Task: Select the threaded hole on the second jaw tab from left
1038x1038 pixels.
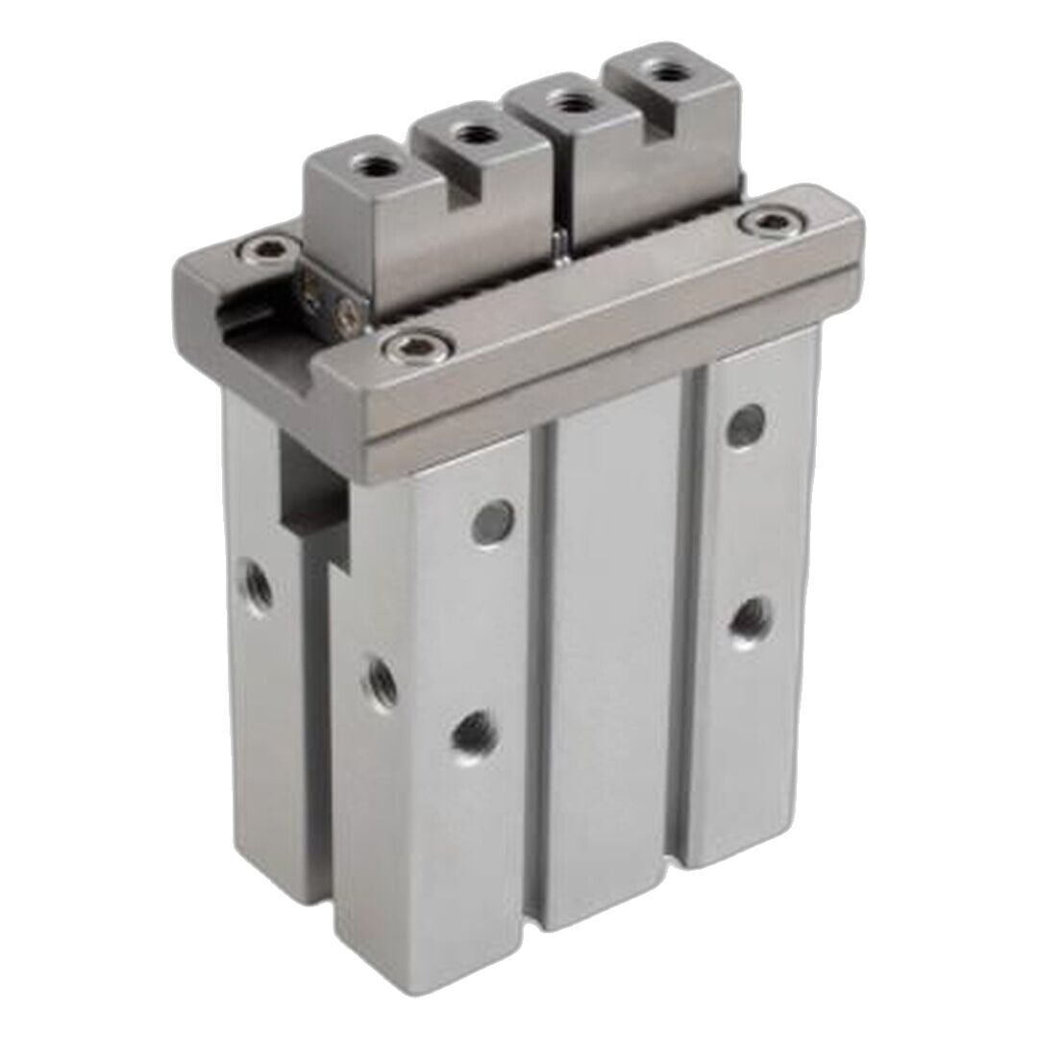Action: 469,135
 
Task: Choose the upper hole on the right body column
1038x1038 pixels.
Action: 744,423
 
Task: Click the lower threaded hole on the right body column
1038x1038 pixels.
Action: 746,617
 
